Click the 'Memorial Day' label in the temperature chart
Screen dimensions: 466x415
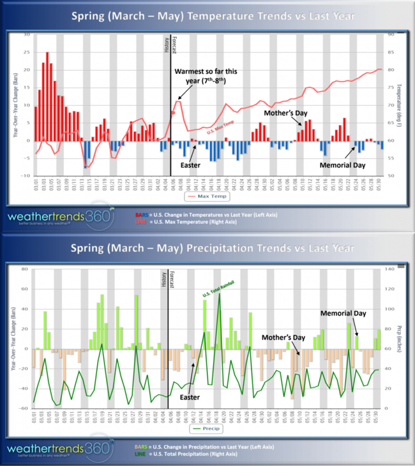pyautogui.click(x=342, y=164)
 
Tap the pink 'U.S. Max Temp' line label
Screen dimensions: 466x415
pyautogui.click(x=220, y=131)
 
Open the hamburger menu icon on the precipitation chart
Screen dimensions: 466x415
pyautogui.click(x=400, y=263)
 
